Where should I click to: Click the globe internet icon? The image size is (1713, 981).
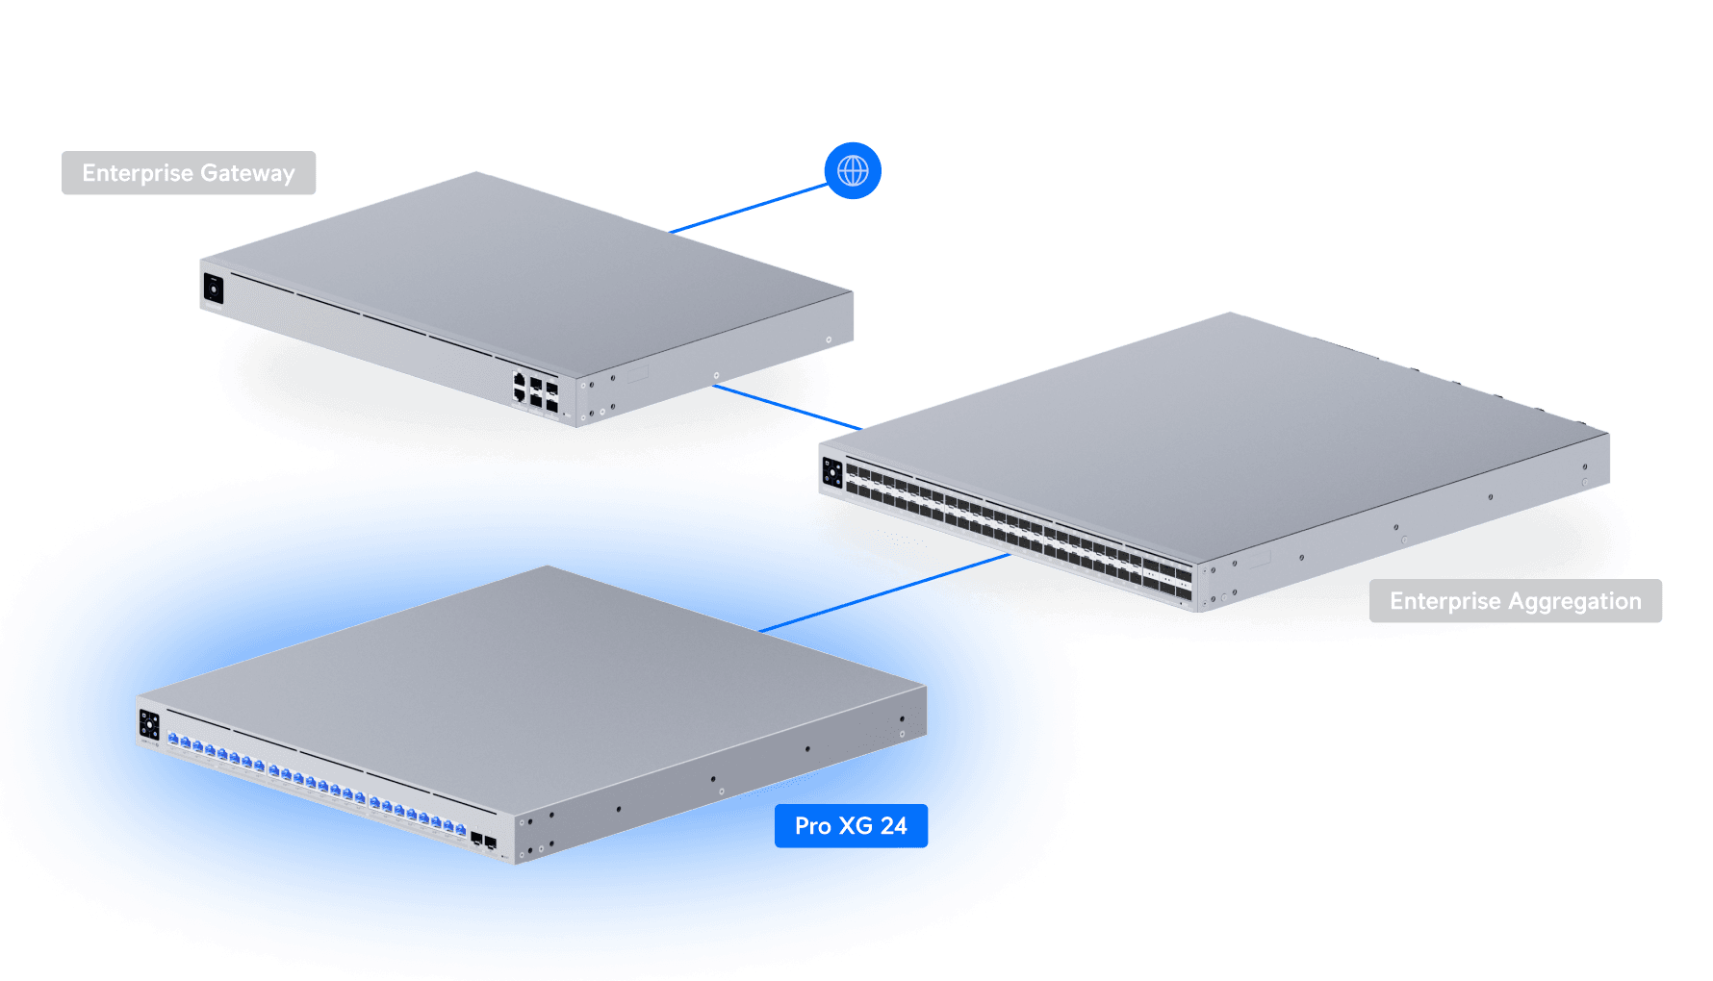853,171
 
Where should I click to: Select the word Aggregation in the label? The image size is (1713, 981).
1575,601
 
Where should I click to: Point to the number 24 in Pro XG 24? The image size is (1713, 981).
893,826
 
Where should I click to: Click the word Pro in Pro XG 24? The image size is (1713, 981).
812,826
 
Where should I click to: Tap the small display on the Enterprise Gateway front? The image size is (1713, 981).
214,288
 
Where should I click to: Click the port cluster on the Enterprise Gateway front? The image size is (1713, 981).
536,392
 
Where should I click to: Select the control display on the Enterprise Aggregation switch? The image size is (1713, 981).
832,474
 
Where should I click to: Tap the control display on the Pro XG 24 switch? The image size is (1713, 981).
149,724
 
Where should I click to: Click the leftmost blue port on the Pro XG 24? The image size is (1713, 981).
173,739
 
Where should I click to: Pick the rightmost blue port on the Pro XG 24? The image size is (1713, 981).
460,829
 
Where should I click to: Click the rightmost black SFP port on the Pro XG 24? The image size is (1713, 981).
491,843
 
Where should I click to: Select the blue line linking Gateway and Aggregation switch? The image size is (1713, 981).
784,406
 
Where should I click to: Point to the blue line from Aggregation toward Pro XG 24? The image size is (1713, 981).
962,568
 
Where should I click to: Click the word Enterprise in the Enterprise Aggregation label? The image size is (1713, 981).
1445,601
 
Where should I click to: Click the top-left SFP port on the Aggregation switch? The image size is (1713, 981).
852,470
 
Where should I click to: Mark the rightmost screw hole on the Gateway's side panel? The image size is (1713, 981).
829,340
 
